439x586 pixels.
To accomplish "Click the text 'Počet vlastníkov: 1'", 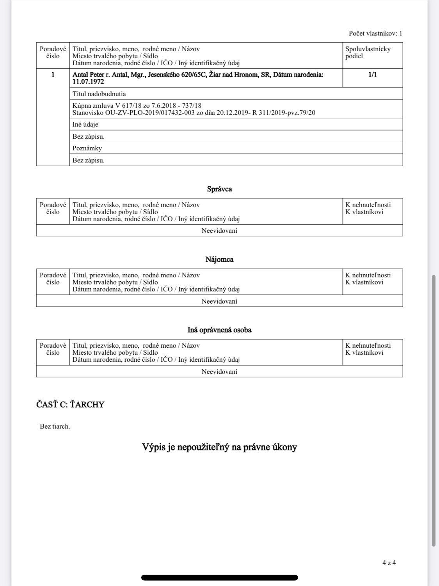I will pos(375,34).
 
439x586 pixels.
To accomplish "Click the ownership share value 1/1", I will pos(372,75).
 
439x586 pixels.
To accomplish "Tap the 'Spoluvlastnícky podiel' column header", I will pos(368,52).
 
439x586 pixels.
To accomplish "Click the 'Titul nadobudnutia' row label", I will pos(99,94).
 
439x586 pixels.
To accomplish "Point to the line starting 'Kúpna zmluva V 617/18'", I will pos(137,106).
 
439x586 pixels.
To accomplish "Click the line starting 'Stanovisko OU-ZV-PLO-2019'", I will pos(194,113).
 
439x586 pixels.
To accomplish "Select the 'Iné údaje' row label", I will pos(85,125).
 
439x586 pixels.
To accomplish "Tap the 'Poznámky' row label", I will pos(87,148).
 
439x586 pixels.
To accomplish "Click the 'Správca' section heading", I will pos(219,189).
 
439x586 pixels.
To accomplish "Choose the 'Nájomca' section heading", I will pos(219,259).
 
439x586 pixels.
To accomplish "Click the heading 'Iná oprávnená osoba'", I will pos(219,330).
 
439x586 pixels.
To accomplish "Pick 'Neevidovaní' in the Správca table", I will pos(219,230).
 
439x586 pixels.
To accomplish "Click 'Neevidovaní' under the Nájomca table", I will pos(219,301).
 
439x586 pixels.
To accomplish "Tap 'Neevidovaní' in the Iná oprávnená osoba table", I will pos(219,372).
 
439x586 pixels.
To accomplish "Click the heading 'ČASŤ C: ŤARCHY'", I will pos(70,404).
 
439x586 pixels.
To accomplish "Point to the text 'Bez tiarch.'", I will pos(55,426).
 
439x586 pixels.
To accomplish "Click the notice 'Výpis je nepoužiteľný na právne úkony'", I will pos(219,447).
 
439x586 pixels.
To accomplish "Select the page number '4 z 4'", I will pos(389,563).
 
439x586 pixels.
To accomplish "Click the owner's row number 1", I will pos(53,75).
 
